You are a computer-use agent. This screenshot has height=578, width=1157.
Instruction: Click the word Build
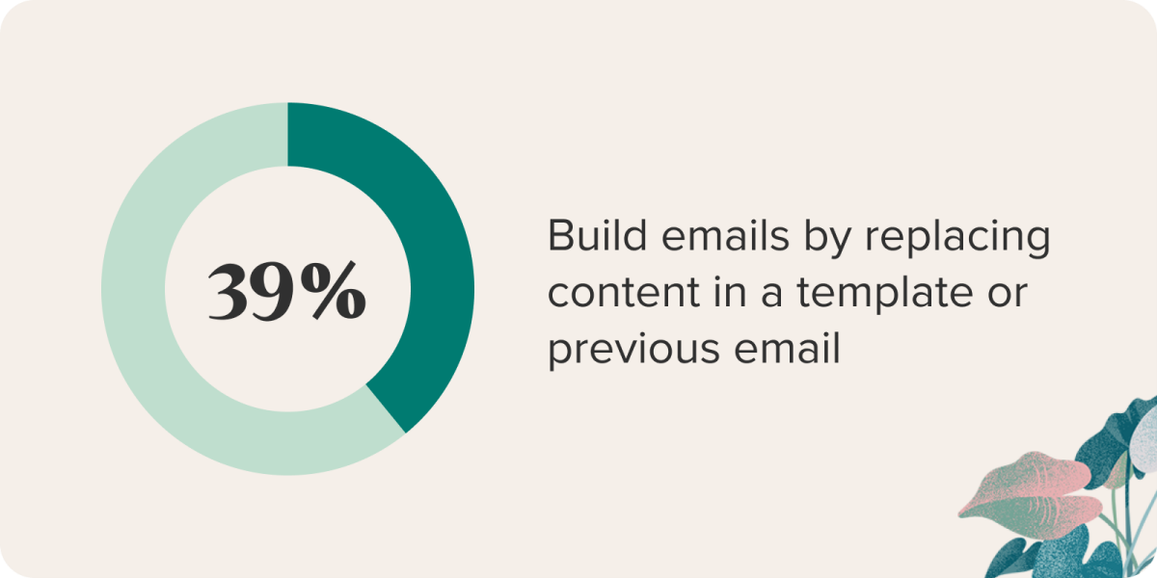point(597,235)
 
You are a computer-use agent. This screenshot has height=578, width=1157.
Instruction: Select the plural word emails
point(725,235)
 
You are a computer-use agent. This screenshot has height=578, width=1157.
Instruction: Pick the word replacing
point(957,240)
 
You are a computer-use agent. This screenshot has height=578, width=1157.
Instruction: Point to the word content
point(624,292)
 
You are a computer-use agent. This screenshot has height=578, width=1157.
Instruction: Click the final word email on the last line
point(787,348)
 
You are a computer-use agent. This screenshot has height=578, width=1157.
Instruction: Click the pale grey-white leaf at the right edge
point(1145,438)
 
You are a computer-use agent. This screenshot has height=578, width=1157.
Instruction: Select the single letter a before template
point(771,297)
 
